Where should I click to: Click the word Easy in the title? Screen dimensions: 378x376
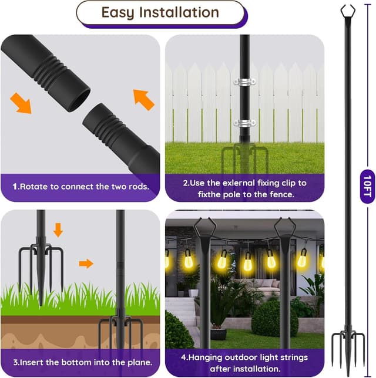tap(117, 12)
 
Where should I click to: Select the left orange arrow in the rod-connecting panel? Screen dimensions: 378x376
tap(21, 102)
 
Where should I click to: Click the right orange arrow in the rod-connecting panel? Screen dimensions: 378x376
tap(143, 99)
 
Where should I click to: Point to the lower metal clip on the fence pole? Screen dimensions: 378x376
tap(244, 123)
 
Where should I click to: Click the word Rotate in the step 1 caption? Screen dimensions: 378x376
tap(36, 187)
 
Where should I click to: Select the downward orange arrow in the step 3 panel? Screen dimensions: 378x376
tap(58, 230)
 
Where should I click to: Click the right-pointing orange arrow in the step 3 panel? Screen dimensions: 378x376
tap(86, 264)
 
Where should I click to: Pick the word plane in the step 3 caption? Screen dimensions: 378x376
tap(140, 362)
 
